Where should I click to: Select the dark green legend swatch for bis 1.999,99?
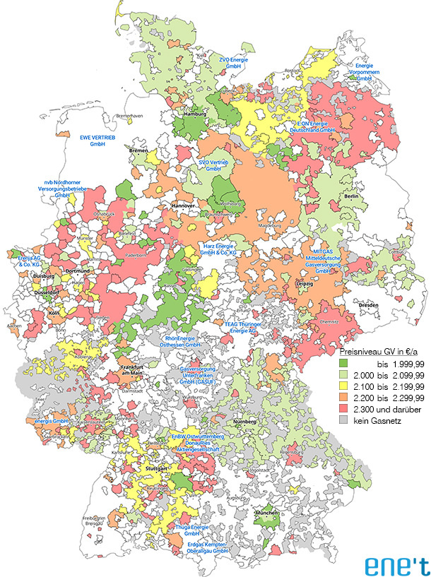pos(346,362)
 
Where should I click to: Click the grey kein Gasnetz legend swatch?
pos(346,422)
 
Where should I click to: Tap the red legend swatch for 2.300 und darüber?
pos(346,410)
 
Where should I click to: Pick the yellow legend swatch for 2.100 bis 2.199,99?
pos(346,386)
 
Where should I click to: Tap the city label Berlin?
pos(351,197)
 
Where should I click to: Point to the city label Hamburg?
pos(194,114)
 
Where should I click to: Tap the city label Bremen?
pos(138,150)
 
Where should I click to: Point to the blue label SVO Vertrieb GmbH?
pos(213,165)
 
